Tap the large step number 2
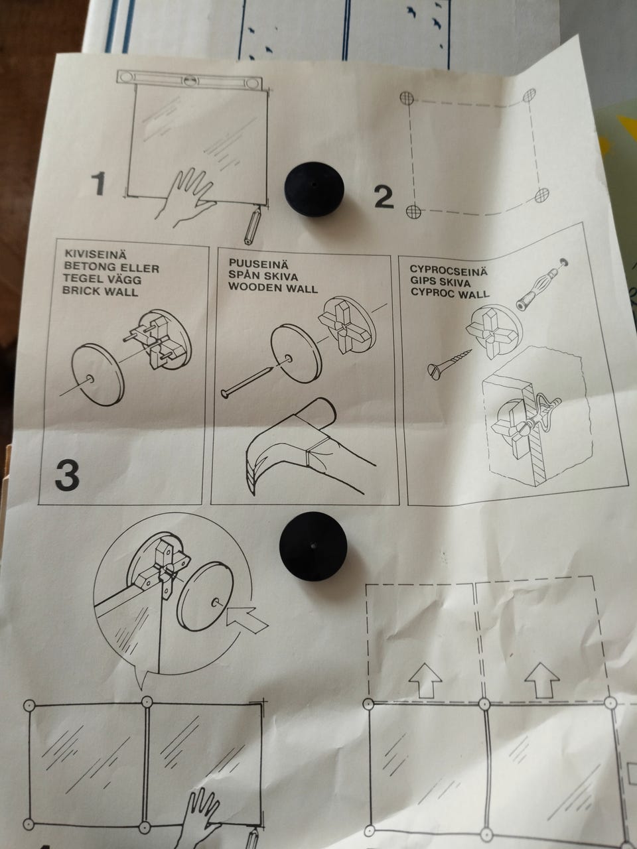pyautogui.click(x=384, y=197)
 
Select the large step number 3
pyautogui.click(x=67, y=475)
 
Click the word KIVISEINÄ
pyautogui.click(x=96, y=254)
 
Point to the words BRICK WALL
pyautogui.click(x=100, y=291)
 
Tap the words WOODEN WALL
pyautogui.click(x=273, y=288)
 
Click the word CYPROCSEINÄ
pyautogui.click(x=449, y=270)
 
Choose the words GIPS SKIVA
pyautogui.click(x=441, y=281)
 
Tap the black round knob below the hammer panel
pyautogui.click(x=313, y=547)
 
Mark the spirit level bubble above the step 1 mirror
pyautogui.click(x=190, y=81)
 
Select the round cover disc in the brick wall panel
pyautogui.click(x=98, y=374)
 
